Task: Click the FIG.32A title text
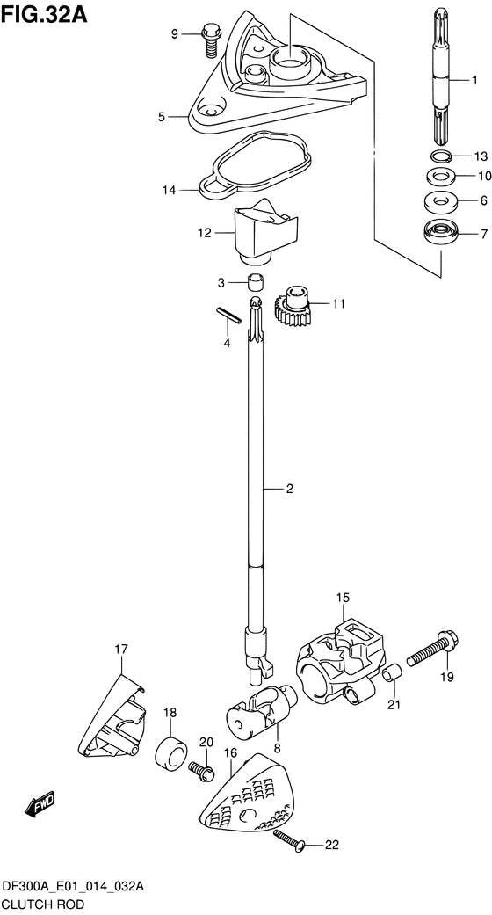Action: click(44, 13)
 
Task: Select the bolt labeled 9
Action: click(211, 40)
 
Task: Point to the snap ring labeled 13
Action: click(439, 156)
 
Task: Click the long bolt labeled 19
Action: click(432, 651)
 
